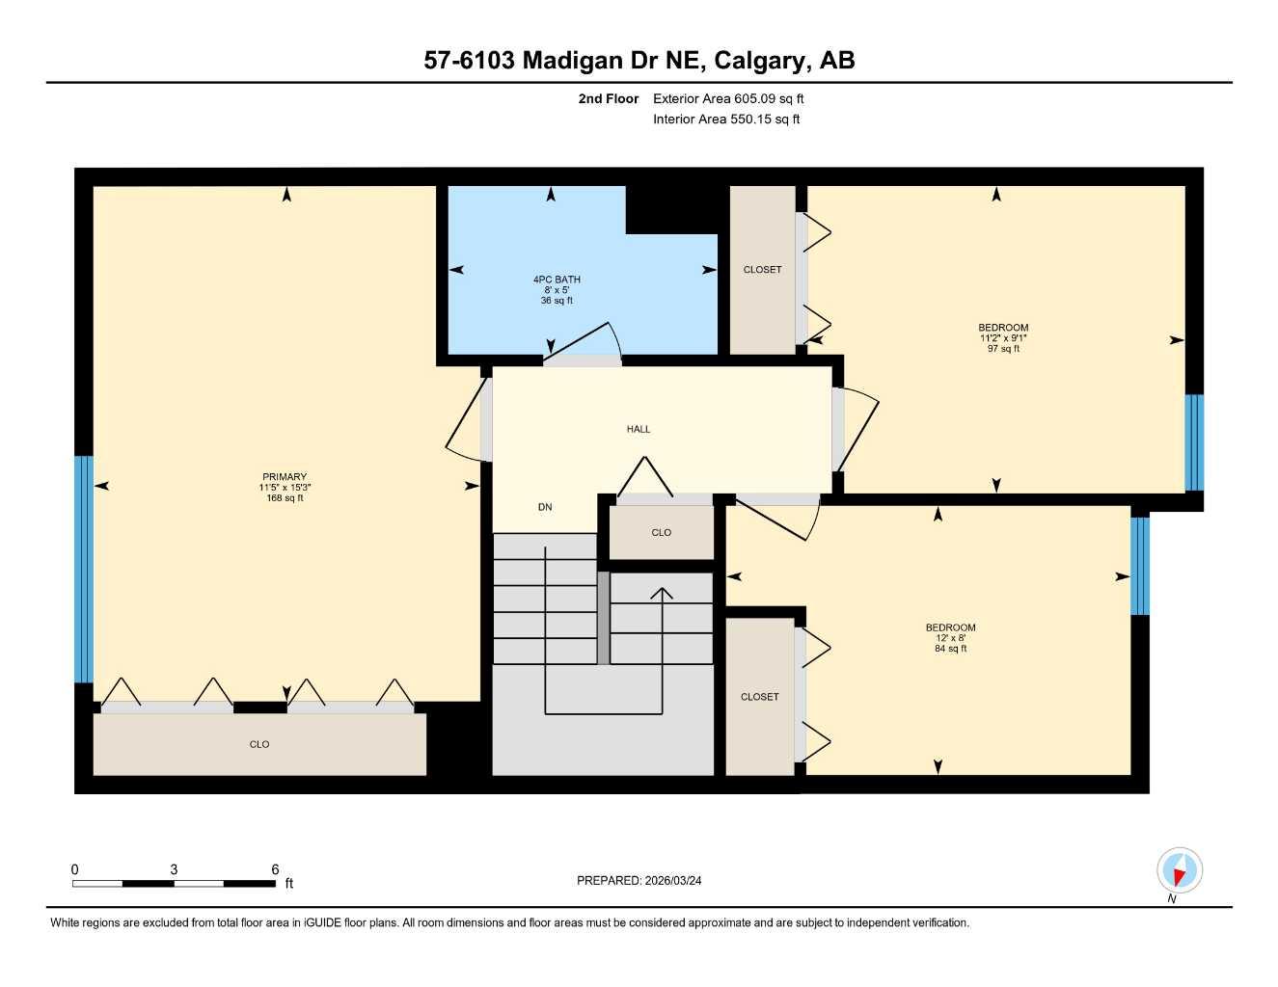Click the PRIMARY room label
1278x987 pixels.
(285, 477)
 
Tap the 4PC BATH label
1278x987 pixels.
(557, 280)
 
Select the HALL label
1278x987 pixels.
(639, 430)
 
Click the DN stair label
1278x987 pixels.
(545, 507)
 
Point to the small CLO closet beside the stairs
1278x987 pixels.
(661, 533)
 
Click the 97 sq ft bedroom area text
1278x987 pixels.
(1003, 349)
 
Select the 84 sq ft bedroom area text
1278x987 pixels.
(950, 649)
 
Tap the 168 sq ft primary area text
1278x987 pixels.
(285, 498)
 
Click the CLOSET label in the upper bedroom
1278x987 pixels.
(762, 270)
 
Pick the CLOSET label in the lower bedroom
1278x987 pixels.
(760, 697)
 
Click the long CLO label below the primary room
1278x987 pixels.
(259, 744)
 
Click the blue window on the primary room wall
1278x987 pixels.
(84, 569)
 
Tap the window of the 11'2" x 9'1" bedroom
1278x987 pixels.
(1194, 442)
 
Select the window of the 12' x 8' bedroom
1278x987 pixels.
(1140, 566)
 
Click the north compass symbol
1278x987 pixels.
(1179, 871)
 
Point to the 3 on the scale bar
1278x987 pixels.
(174, 869)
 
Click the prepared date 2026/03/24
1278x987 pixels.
(673, 880)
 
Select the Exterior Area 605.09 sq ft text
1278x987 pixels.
(728, 98)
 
